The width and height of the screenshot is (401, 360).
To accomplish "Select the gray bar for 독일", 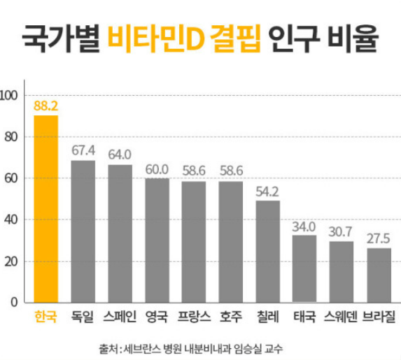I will pos(83,231).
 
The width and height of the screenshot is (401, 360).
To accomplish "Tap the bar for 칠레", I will pos(267,252).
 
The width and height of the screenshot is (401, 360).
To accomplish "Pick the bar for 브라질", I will pos(379,275).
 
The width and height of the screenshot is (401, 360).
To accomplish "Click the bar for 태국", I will pos(304,268).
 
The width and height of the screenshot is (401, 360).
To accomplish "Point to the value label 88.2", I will pos(46,106).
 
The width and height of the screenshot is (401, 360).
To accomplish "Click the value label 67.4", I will pos(83,150).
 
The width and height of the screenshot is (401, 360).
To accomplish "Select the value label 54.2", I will pos(267,191).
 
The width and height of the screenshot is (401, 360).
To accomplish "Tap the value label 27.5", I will pos(379,238).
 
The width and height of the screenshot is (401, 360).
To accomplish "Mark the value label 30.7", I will pos(342,231).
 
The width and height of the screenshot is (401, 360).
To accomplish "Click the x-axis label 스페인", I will pos(120,316).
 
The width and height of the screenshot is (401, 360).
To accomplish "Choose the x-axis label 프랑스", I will pos(194,316).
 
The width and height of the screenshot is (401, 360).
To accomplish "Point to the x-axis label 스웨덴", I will pos(341,316).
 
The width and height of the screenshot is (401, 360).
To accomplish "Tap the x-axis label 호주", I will pos(231,316).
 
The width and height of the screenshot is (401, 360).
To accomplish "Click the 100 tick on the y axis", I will pos(12,95).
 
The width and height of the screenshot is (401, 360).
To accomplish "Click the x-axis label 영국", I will pos(157,316).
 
